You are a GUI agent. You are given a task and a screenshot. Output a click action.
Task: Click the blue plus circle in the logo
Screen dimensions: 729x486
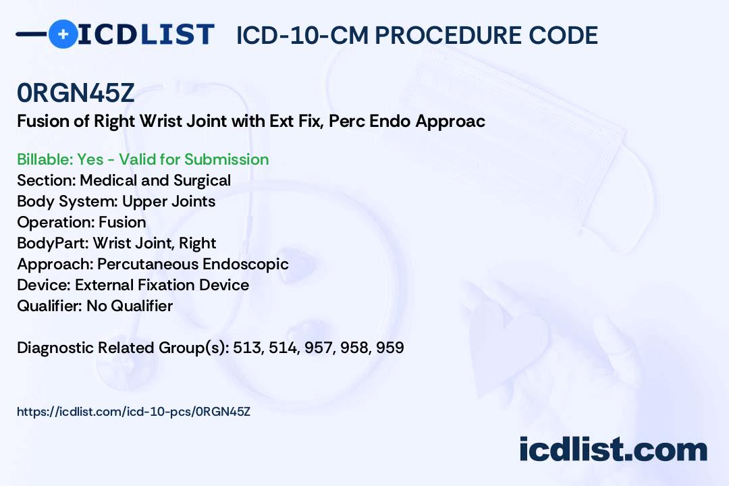[x=63, y=34]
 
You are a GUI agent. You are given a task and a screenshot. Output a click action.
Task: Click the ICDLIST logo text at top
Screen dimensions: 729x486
[x=146, y=34]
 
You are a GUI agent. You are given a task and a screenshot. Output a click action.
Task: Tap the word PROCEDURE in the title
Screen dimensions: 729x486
[x=448, y=35]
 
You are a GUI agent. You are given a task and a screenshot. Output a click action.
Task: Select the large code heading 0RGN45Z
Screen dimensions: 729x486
[x=76, y=92]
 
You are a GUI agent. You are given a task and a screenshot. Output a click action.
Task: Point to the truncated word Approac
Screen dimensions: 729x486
[x=450, y=122]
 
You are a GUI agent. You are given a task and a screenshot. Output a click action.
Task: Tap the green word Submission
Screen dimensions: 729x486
[x=226, y=159]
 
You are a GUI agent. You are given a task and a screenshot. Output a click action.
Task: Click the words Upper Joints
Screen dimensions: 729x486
[x=169, y=202]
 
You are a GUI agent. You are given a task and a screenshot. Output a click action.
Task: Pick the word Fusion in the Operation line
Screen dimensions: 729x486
[x=122, y=222]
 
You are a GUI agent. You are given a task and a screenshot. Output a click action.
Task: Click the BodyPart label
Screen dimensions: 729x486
[x=53, y=243]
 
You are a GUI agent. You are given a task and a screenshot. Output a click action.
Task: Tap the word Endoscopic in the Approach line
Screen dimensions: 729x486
[x=246, y=264]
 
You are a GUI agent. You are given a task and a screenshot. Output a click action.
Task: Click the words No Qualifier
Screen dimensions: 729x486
[x=130, y=306]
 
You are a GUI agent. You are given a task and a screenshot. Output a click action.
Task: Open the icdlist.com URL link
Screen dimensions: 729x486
[x=134, y=412]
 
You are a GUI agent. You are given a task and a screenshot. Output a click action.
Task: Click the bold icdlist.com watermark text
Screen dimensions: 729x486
[x=613, y=450]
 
